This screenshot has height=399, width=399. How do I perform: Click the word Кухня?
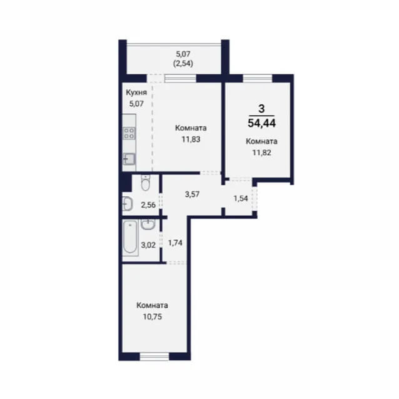[x=136, y=93]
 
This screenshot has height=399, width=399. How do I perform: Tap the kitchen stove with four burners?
[x=129, y=133]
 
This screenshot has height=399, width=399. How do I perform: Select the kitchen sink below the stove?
[x=129, y=159]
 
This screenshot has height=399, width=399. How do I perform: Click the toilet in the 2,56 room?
[x=145, y=183]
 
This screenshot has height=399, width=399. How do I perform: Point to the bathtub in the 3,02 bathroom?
[x=130, y=238]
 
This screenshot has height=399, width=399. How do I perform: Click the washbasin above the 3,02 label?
[x=148, y=225]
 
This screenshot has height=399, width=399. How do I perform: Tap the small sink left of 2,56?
[x=128, y=205]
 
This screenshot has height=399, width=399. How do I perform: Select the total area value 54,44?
[x=262, y=123]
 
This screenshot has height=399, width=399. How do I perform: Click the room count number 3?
[x=261, y=109]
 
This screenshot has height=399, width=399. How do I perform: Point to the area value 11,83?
[x=191, y=139]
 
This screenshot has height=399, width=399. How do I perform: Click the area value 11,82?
[x=261, y=153]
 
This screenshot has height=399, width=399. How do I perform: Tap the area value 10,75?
[x=152, y=317]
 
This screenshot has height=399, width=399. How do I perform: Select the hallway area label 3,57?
[x=192, y=194]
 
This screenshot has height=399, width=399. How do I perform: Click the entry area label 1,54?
[x=241, y=198]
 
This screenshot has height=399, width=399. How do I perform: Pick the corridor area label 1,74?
[x=175, y=243]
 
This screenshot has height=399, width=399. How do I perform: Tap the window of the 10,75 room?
[x=154, y=356]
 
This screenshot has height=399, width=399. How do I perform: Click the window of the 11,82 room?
[x=258, y=78]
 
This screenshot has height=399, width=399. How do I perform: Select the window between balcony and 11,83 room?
[x=180, y=78]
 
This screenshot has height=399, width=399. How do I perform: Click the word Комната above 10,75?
[x=152, y=305]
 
